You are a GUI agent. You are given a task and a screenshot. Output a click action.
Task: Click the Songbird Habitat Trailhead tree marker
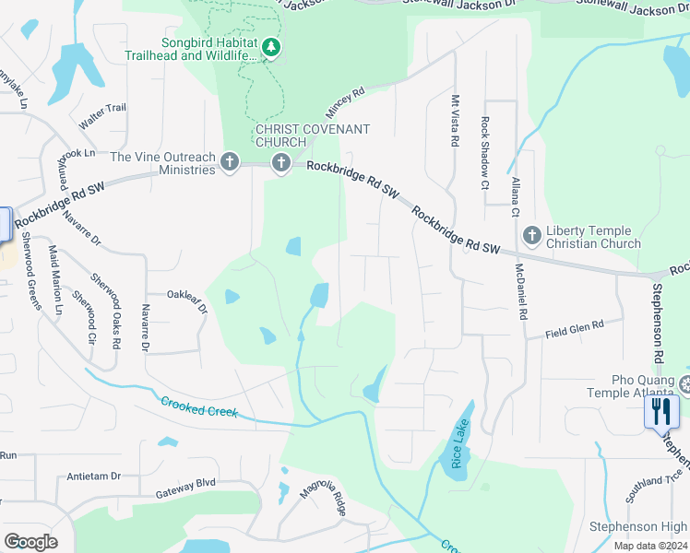point(270,46)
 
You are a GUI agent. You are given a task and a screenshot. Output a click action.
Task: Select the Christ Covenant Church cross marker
point(280,163)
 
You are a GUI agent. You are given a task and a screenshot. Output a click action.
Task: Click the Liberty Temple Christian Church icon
point(531,236)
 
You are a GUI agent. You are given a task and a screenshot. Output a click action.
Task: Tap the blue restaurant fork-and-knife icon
point(661,411)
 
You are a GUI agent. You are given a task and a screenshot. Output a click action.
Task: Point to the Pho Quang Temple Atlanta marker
point(684,382)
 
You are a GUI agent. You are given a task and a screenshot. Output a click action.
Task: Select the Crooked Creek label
point(198,406)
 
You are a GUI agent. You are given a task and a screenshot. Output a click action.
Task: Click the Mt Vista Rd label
point(454,121)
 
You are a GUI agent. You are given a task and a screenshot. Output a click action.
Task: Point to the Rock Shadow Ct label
point(483,140)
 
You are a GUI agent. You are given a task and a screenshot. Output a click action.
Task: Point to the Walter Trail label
point(102,115)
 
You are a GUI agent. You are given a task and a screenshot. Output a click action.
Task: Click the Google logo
point(30,542)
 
